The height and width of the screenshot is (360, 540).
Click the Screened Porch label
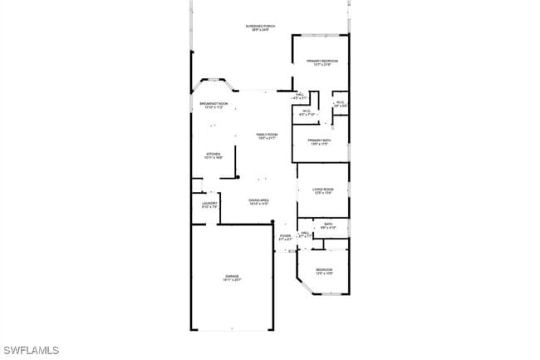click(x=260, y=27)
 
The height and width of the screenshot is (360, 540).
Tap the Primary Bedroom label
click(x=322, y=62)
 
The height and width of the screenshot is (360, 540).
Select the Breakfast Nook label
click(x=214, y=103)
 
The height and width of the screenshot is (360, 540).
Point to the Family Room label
click(x=267, y=135)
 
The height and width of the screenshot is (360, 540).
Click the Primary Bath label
click(x=320, y=141)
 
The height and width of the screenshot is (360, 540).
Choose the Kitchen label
click(x=214, y=154)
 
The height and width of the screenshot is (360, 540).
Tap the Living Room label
click(x=323, y=190)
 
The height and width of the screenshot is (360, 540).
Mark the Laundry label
click(x=209, y=203)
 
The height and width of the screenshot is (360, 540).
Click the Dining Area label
click(x=258, y=200)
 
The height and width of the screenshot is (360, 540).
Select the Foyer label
click(x=285, y=235)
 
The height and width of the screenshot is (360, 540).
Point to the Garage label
click(x=232, y=276)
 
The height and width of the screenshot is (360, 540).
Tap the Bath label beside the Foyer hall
click(x=328, y=223)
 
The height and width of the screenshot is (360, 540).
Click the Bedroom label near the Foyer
click(x=324, y=269)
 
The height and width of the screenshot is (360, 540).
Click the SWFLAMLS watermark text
click(x=31, y=350)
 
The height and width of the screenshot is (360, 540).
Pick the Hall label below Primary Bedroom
click(x=299, y=95)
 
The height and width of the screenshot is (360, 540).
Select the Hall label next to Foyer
click(x=305, y=233)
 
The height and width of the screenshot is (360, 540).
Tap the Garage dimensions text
click(x=232, y=280)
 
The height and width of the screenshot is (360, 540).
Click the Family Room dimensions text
click(x=267, y=139)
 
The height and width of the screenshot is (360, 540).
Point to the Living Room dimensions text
click(x=323, y=194)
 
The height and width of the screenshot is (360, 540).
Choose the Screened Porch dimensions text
click(x=260, y=31)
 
